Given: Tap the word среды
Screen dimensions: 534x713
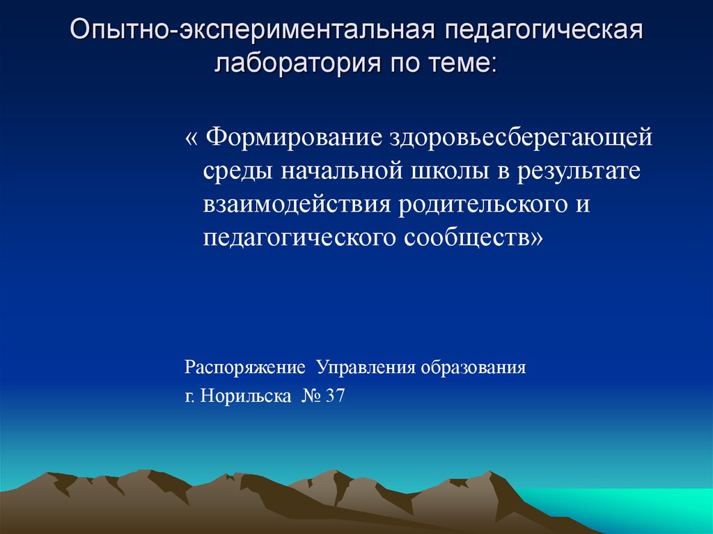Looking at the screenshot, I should [x=237, y=171].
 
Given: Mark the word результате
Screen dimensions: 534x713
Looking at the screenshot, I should [x=578, y=171].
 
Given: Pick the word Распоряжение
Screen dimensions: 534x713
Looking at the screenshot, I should [x=245, y=367].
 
